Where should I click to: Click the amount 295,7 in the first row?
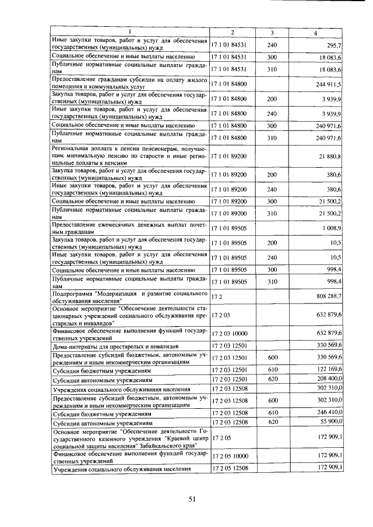[333, 45]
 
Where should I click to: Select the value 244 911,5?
[328, 84]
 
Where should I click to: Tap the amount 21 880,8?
[330, 157]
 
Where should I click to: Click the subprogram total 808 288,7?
[328, 296]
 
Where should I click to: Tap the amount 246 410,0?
[328, 413]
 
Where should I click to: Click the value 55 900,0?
[329, 422]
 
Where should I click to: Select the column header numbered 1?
[130, 33]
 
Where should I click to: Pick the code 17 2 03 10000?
[232, 333]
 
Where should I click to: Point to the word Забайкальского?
[159, 443]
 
